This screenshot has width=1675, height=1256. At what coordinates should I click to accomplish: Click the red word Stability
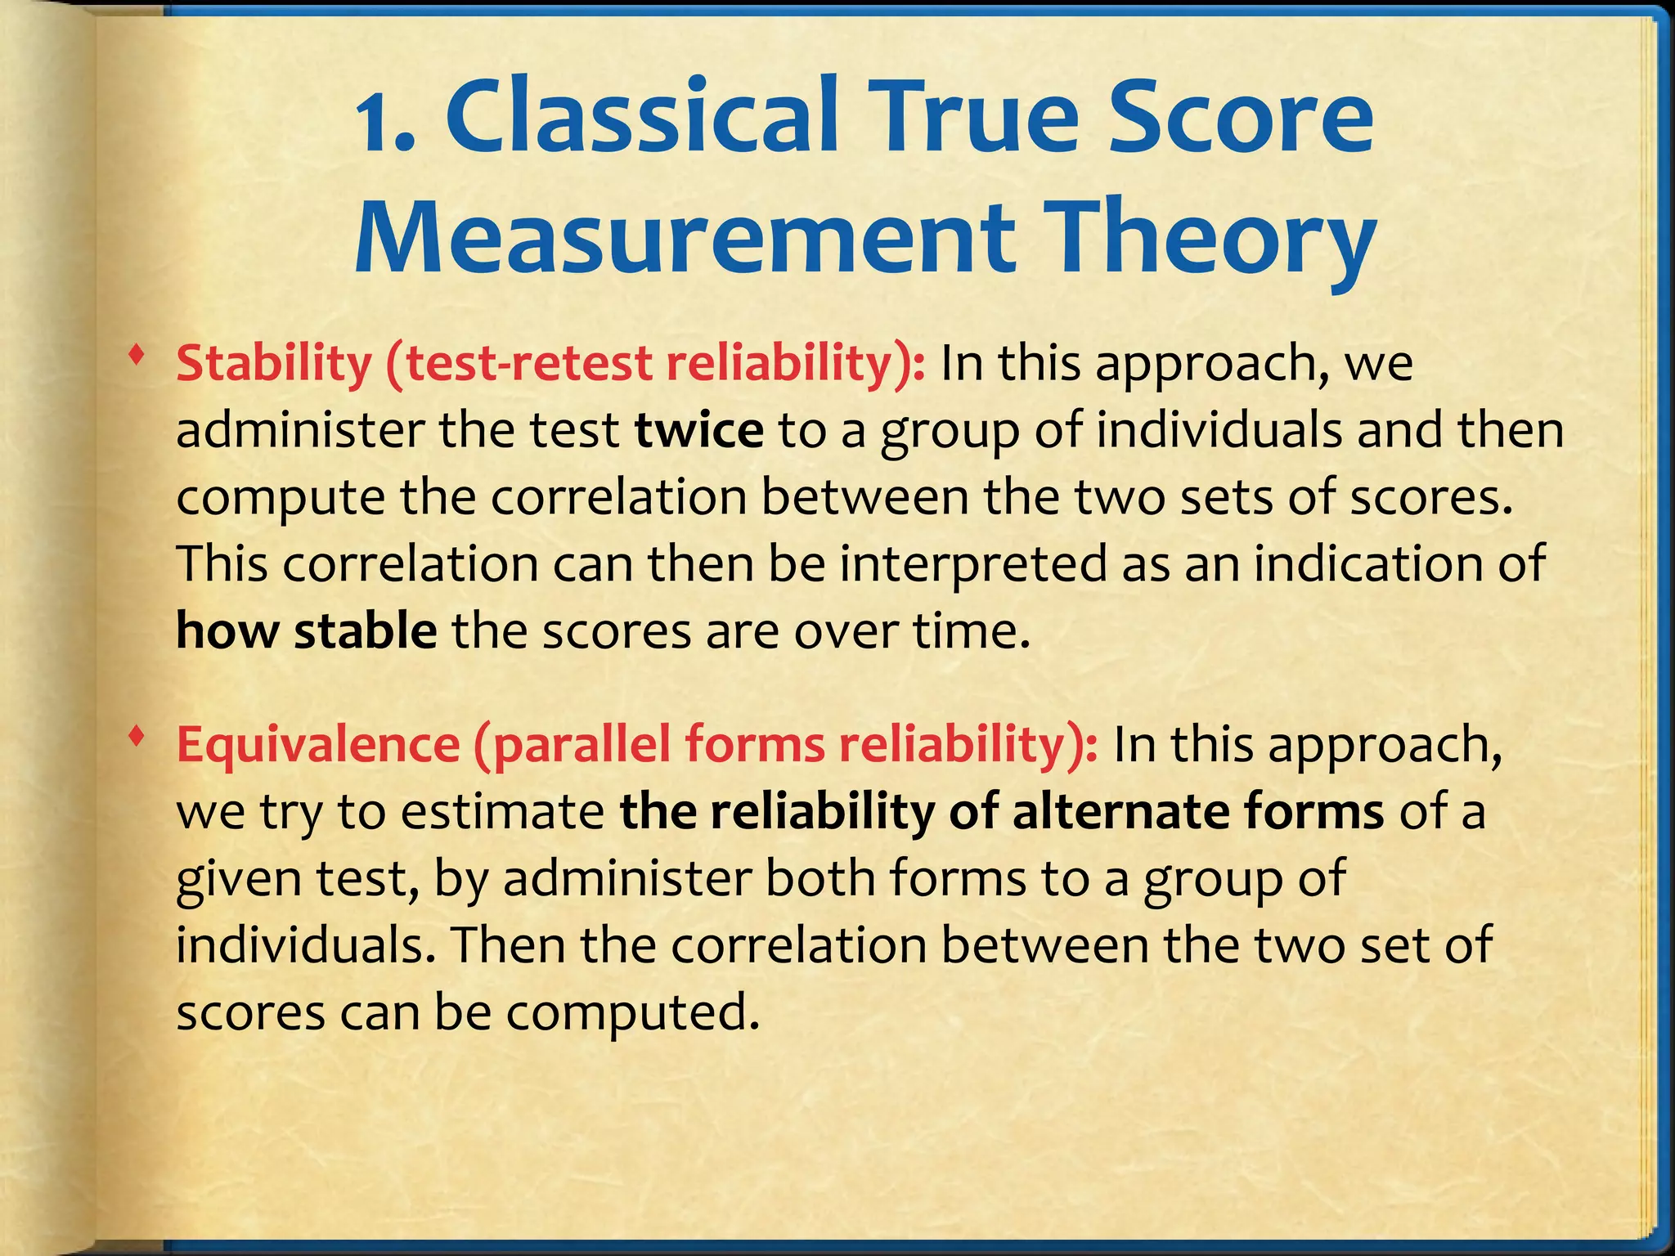pyautogui.click(x=274, y=363)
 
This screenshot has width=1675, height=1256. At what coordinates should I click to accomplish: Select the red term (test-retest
pyautogui.click(x=519, y=363)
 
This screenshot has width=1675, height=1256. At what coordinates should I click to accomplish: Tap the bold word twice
pyautogui.click(x=699, y=430)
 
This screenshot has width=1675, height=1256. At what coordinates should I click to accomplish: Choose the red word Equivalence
pyautogui.click(x=318, y=745)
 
